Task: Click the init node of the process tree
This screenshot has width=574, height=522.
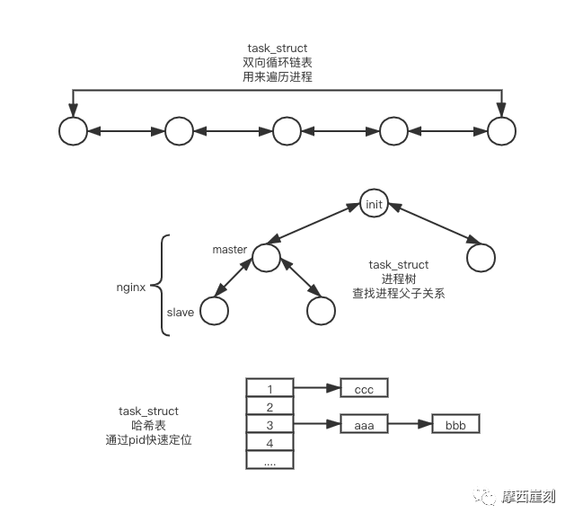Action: [374, 204]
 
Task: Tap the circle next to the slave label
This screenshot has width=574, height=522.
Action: [214, 311]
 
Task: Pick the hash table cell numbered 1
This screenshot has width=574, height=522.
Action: [270, 388]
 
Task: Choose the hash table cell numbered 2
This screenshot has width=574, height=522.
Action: [270, 406]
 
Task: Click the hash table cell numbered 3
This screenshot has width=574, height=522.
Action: [270, 424]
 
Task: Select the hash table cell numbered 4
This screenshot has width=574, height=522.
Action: [270, 442]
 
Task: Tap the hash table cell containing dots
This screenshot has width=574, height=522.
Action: [270, 460]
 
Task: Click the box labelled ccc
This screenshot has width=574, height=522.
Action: [364, 389]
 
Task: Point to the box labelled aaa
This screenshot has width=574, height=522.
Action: [364, 423]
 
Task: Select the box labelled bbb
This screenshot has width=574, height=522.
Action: [455, 423]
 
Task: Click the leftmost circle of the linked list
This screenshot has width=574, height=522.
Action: [72, 131]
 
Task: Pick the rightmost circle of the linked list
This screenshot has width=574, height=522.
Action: [502, 131]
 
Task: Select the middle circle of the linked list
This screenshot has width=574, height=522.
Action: [287, 131]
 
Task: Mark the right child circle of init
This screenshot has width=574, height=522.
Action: [481, 258]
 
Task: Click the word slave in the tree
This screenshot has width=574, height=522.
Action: [181, 311]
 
